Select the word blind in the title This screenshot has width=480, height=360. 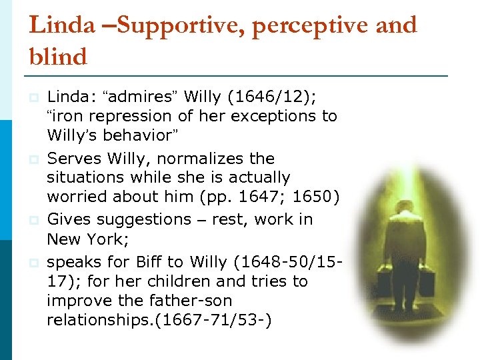point(58,57)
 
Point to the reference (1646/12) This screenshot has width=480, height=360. point(272,97)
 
